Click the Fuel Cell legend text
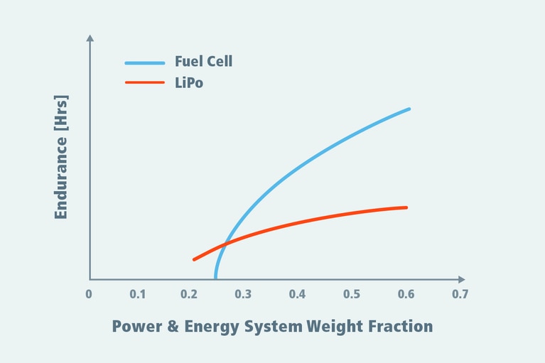[203, 62]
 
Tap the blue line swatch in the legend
[145, 63]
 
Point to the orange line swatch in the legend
[145, 83]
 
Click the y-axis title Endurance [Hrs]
[61, 156]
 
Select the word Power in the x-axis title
[136, 327]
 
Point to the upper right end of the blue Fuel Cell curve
[409, 109]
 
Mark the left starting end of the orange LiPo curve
[193, 259]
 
